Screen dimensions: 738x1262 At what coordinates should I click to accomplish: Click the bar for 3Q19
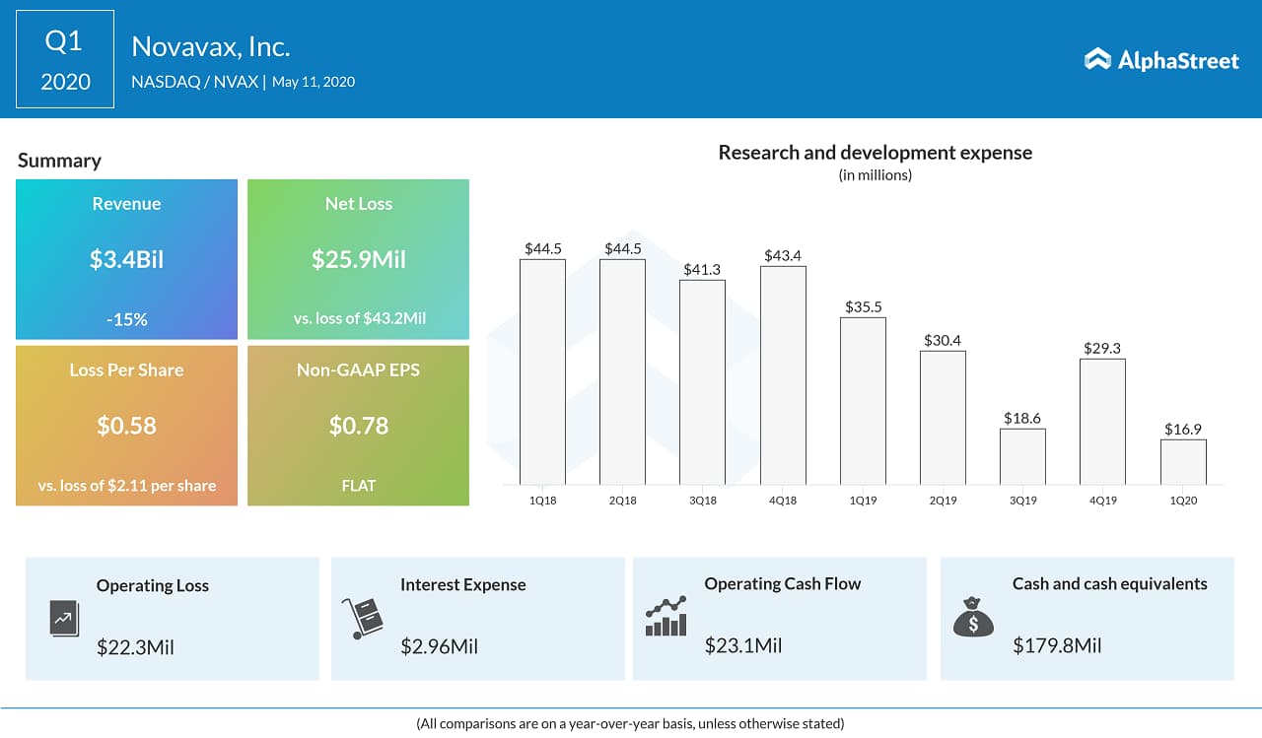coord(1022,456)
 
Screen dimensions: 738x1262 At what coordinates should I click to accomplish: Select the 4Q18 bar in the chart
coord(783,375)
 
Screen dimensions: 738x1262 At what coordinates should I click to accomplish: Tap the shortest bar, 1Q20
coord(1183,461)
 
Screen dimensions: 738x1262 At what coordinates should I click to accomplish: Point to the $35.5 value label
coord(863,306)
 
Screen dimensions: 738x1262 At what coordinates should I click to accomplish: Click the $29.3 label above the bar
coord(1102,348)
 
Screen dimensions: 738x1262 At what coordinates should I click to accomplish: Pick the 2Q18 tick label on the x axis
coord(622,501)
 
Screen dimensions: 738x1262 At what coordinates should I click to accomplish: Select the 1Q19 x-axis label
coord(863,501)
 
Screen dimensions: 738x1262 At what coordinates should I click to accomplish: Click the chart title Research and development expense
coord(875,153)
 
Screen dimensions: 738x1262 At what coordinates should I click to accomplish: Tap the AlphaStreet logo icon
coord(1097,60)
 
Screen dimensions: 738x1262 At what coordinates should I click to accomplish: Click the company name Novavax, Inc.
coord(211,46)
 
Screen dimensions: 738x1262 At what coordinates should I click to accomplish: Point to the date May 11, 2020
coord(314,82)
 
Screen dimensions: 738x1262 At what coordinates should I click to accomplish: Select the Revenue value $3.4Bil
coord(126,260)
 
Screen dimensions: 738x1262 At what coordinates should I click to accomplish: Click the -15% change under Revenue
coord(126,319)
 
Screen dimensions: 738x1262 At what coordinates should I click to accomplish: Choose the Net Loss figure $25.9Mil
coord(359,260)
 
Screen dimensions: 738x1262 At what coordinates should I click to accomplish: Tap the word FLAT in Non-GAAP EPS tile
coord(359,486)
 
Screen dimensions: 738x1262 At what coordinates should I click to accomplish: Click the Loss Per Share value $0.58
coord(126,426)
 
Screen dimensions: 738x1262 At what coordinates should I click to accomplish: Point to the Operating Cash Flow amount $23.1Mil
coord(743,646)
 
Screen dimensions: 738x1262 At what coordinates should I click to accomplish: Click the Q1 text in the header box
coord(64,41)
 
